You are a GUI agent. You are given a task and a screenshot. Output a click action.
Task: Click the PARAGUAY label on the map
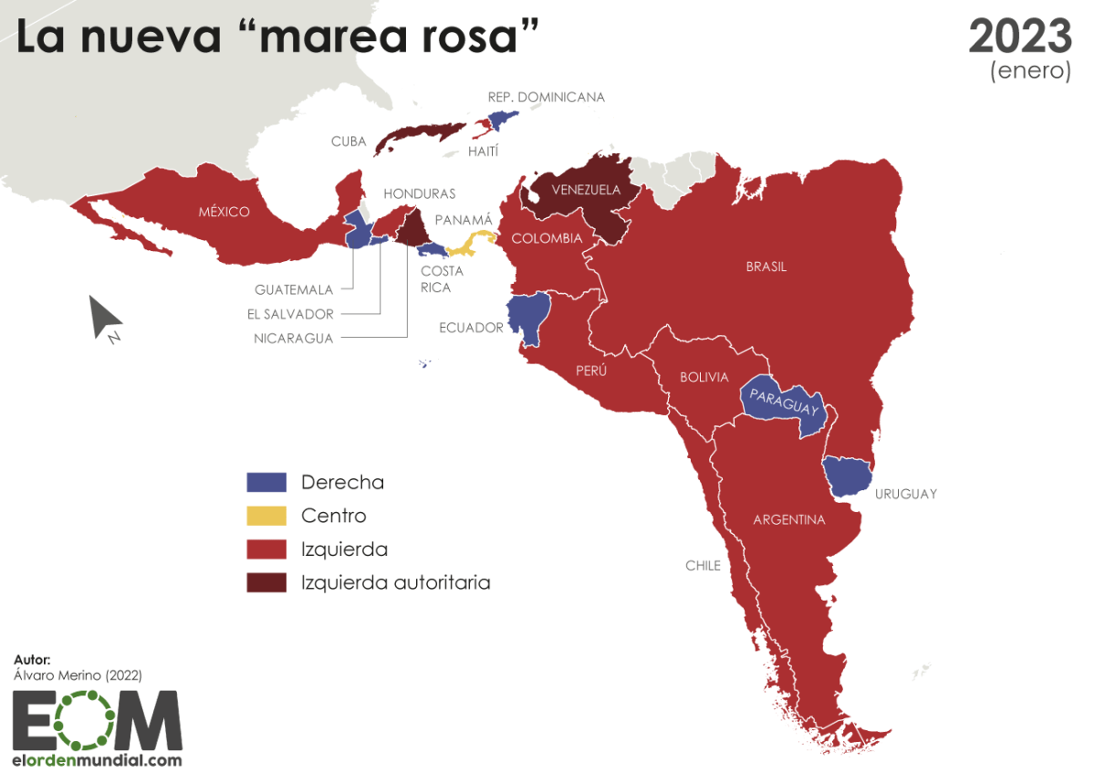point(782,402)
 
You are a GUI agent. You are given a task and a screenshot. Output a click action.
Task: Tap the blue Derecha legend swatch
point(266,482)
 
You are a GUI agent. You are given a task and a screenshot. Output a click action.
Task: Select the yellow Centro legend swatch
point(266,516)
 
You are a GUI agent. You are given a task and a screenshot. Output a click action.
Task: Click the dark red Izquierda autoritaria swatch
point(266,582)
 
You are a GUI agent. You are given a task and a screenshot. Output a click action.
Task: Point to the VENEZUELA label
point(586,190)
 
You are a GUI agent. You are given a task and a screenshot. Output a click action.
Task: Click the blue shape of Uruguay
point(846,475)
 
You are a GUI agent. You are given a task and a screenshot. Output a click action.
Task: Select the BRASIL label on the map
point(766,267)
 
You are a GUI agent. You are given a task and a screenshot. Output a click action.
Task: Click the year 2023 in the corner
point(1019,37)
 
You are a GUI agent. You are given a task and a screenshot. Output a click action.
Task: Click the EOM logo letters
point(97,720)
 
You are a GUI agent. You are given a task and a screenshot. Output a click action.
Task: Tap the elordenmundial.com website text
point(97,759)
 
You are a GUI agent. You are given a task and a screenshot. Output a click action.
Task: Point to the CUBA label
point(349,141)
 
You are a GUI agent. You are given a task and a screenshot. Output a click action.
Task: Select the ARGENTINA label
point(788,520)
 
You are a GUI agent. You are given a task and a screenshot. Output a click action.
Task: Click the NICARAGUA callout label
point(294,339)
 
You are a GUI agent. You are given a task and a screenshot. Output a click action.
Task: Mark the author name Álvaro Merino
point(78,675)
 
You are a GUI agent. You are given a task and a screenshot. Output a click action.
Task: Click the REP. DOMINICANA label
point(546,97)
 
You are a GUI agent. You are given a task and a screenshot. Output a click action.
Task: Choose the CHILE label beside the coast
point(703,566)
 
